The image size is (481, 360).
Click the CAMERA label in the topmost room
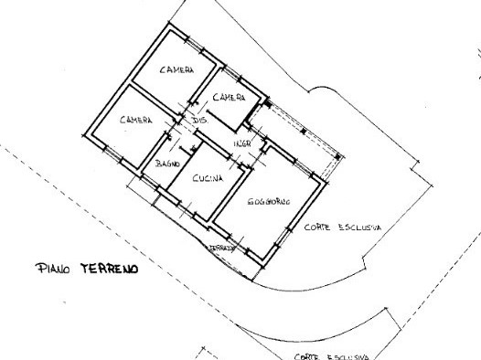tap(176, 70)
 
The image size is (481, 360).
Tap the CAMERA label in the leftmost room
tap(135, 121)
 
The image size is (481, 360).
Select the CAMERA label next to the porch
tap(228, 97)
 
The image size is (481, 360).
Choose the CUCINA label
tap(207, 180)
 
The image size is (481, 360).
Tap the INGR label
tap(241, 145)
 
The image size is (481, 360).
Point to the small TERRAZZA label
tap(223, 248)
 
